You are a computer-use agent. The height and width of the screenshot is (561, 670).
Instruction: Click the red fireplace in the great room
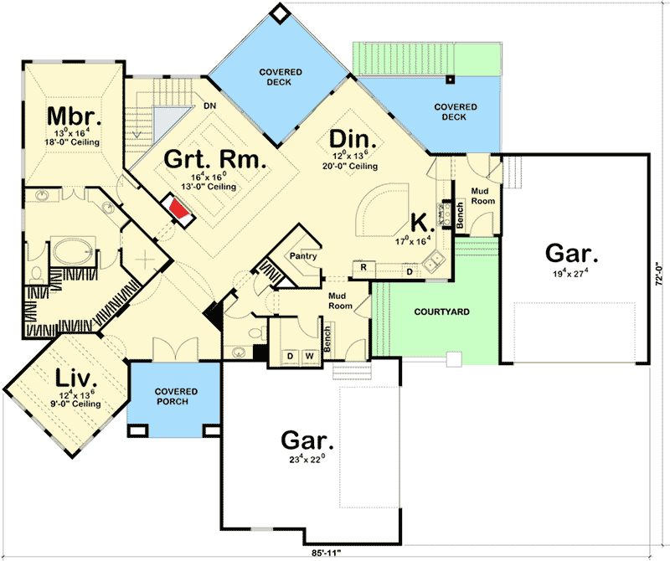178,208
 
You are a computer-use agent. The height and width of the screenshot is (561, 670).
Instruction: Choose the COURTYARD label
442,312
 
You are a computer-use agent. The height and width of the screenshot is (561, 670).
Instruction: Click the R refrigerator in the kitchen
363,268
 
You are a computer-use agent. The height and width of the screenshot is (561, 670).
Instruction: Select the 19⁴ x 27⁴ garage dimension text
571,271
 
